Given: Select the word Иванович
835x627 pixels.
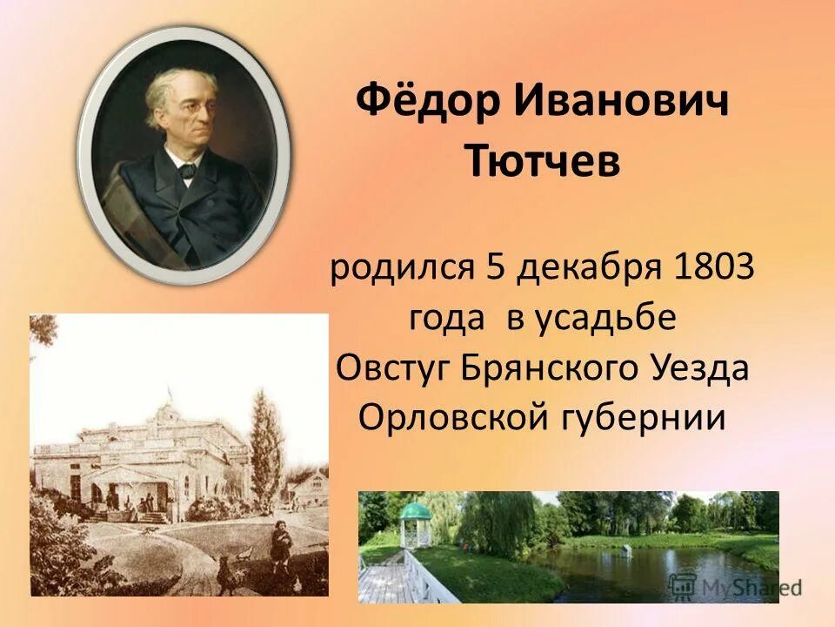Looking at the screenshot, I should click(620, 104).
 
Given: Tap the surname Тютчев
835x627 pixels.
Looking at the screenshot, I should click(542, 163).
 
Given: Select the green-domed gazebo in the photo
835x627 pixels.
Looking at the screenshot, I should click(415, 520).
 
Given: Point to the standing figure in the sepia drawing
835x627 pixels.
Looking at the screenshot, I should click(280, 548).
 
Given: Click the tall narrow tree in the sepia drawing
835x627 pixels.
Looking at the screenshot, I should click(266, 435).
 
